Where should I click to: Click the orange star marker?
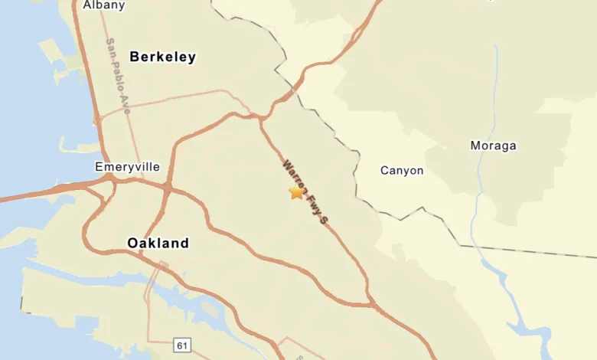tap(296, 192)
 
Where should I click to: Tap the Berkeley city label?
tap(162, 57)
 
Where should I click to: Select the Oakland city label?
tap(158, 244)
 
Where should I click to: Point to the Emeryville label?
tap(128, 166)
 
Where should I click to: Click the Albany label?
tap(103, 5)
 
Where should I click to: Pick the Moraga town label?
tap(493, 146)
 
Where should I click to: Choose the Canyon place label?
tap(402, 170)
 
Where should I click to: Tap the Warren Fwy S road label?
tap(305, 191)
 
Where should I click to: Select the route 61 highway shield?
tap(182, 346)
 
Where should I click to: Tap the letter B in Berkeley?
tap(135, 57)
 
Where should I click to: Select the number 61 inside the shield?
tap(182, 346)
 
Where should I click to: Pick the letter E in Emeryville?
tap(99, 166)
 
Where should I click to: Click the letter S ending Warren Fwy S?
tap(324, 220)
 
